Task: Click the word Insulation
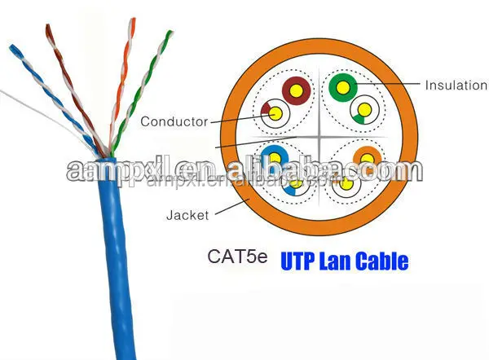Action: pyautogui.click(x=456, y=86)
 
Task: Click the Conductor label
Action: pyautogui.click(x=174, y=122)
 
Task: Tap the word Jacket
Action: pyautogui.click(x=187, y=216)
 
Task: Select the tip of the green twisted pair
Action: pyautogui.click(x=169, y=34)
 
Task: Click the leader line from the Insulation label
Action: pyautogui.click(x=391, y=85)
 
